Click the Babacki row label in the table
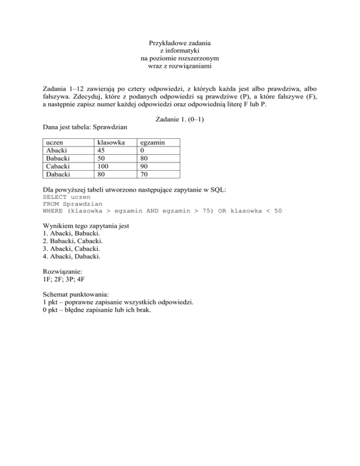click(x=55, y=158)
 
